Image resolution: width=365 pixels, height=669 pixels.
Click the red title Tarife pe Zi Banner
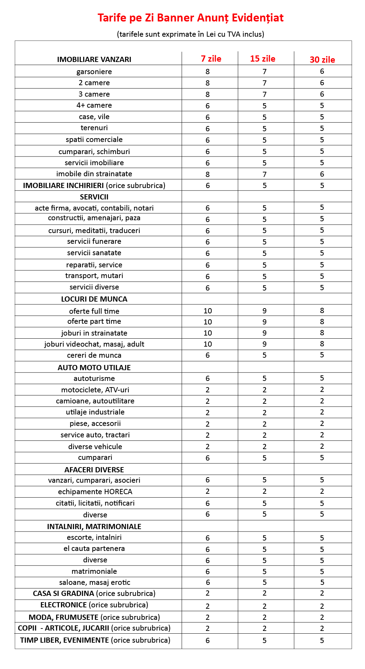coord(190,18)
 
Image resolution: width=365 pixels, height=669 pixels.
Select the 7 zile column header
coord(211,59)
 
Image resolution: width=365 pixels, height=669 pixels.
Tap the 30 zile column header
coord(322,60)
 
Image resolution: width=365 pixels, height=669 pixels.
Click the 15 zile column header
coord(262,59)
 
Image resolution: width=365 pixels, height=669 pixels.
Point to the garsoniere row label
coord(94,72)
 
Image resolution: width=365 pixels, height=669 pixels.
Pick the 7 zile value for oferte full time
coord(208,311)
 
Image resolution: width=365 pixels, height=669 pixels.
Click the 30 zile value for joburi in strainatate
coord(322,333)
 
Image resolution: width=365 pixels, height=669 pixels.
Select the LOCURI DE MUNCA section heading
coord(94,299)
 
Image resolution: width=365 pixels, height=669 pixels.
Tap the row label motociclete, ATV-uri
coord(95,390)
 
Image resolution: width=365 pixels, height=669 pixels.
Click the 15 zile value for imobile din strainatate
coord(265,174)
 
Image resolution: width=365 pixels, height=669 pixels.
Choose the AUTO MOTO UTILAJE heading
coord(94,368)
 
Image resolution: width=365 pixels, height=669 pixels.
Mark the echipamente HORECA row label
coord(95,492)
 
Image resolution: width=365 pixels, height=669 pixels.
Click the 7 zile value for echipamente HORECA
coord(208,491)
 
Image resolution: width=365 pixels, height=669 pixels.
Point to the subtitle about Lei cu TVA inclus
coord(190,34)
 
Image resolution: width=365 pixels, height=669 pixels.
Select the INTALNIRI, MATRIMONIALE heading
coord(94,527)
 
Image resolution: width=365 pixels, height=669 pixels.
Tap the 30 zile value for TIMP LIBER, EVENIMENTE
coord(322,641)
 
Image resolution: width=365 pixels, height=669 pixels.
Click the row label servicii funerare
coord(94,241)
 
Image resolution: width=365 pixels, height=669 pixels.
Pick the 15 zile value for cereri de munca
coord(265,355)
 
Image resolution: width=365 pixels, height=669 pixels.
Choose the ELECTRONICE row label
coord(94,605)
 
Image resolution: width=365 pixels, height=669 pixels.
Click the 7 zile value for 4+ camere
coord(208,106)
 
